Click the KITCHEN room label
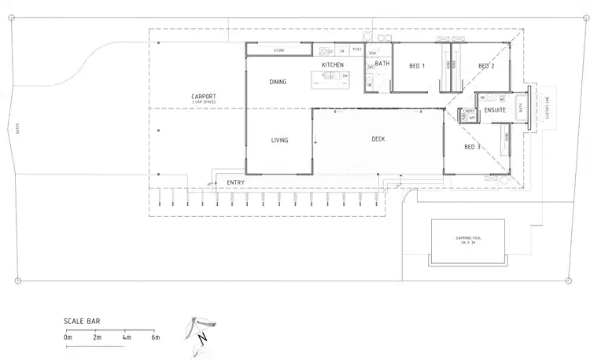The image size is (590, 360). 333,64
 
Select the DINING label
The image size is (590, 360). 278,82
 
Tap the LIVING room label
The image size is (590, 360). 279,141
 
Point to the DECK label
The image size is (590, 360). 378,139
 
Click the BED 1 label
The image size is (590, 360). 417,66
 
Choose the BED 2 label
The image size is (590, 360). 486,66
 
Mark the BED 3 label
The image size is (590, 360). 472,147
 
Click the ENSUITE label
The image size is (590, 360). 495,111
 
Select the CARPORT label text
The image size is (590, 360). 204,97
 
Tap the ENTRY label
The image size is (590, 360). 235,183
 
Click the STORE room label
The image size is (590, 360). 278,50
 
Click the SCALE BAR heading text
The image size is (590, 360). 83,321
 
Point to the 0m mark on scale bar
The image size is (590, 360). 68,337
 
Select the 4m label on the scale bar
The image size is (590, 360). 126,337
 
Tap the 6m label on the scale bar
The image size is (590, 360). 155,337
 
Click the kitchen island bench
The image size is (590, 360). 330,76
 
